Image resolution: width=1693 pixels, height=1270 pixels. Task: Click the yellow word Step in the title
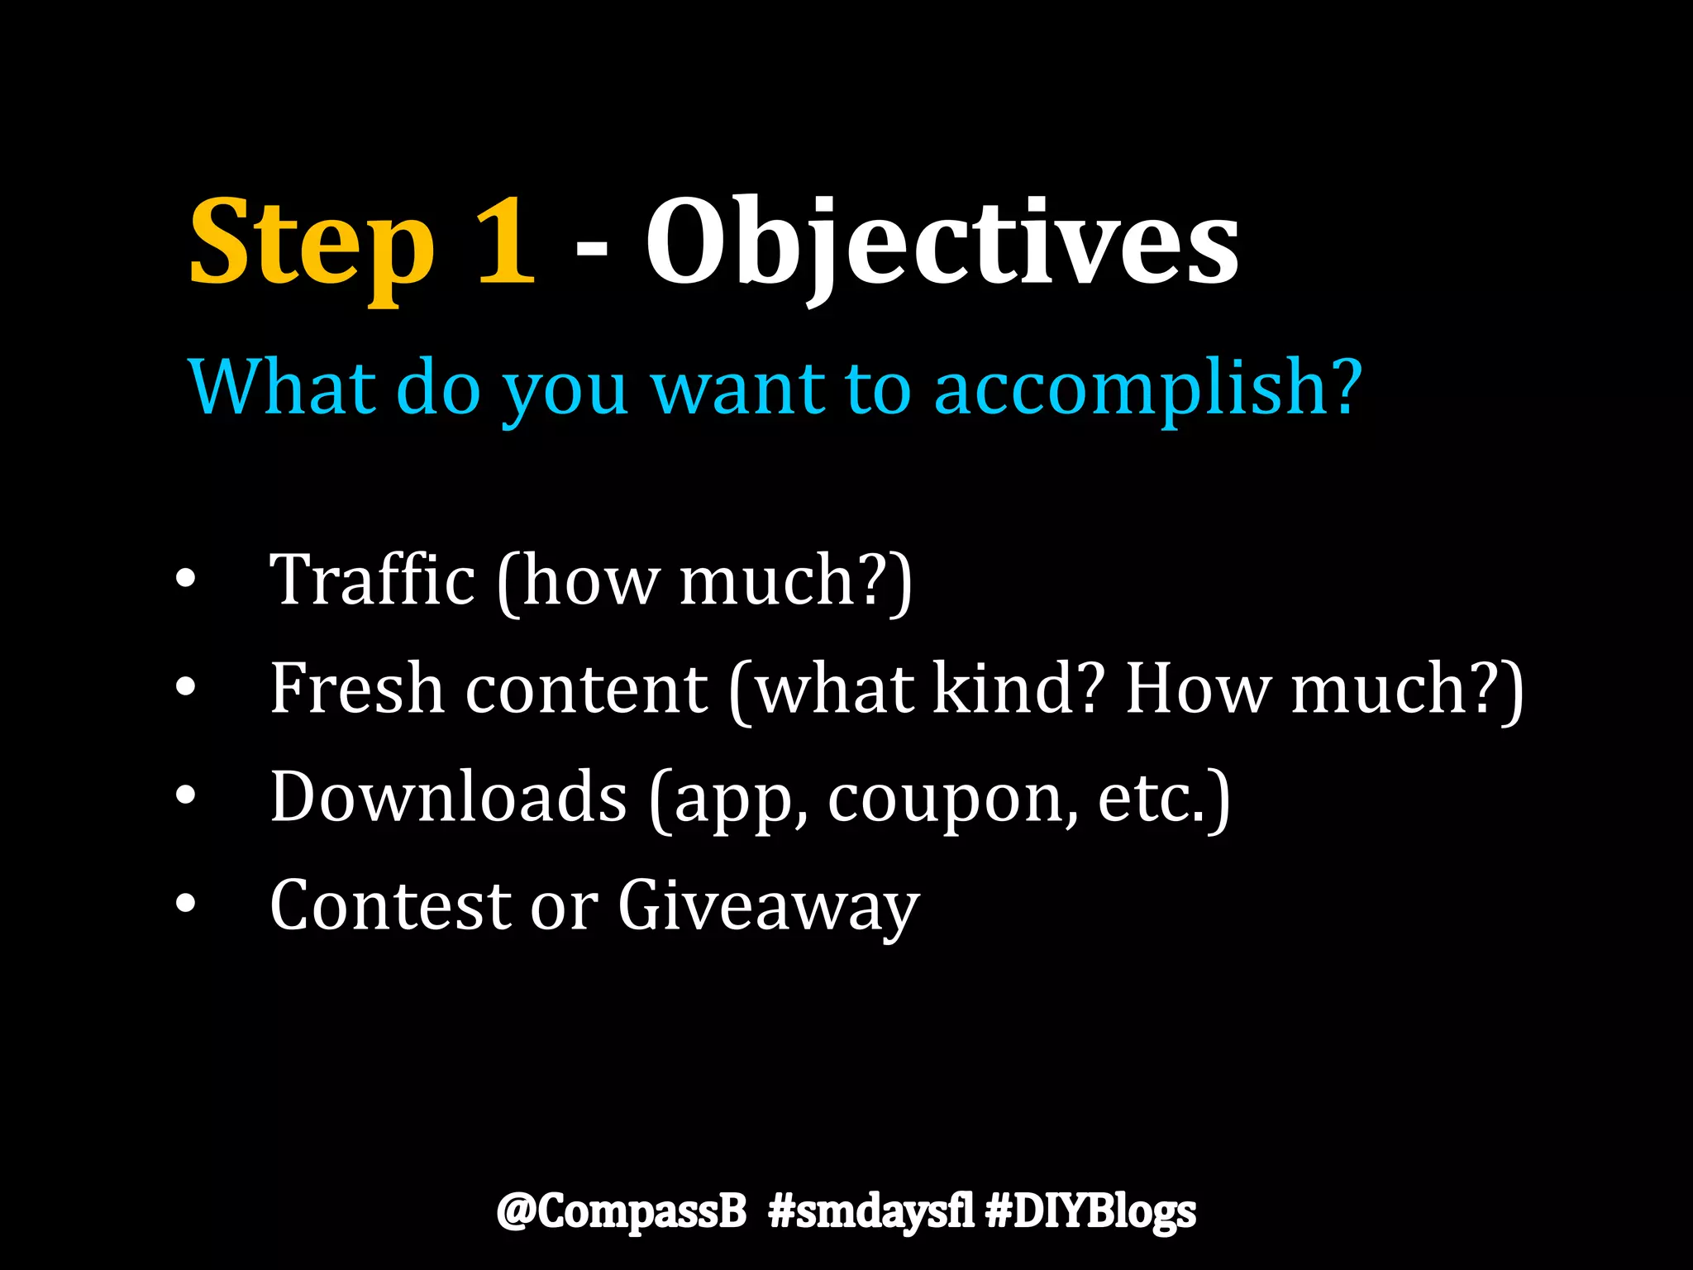312,244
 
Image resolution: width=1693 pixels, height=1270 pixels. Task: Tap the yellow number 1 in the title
505,241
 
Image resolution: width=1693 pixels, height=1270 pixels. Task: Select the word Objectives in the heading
942,244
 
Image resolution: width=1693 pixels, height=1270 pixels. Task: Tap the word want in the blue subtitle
738,389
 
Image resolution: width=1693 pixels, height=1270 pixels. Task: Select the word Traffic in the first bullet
373,580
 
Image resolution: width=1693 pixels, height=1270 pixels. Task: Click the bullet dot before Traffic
186,580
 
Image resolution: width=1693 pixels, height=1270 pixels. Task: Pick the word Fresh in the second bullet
357,688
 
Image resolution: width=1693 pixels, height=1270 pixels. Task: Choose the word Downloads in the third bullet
449,796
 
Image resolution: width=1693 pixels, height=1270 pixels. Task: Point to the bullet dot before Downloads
186,796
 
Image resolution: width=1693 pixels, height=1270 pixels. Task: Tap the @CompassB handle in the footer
622,1212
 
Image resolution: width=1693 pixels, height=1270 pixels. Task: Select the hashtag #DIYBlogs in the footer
1091,1212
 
